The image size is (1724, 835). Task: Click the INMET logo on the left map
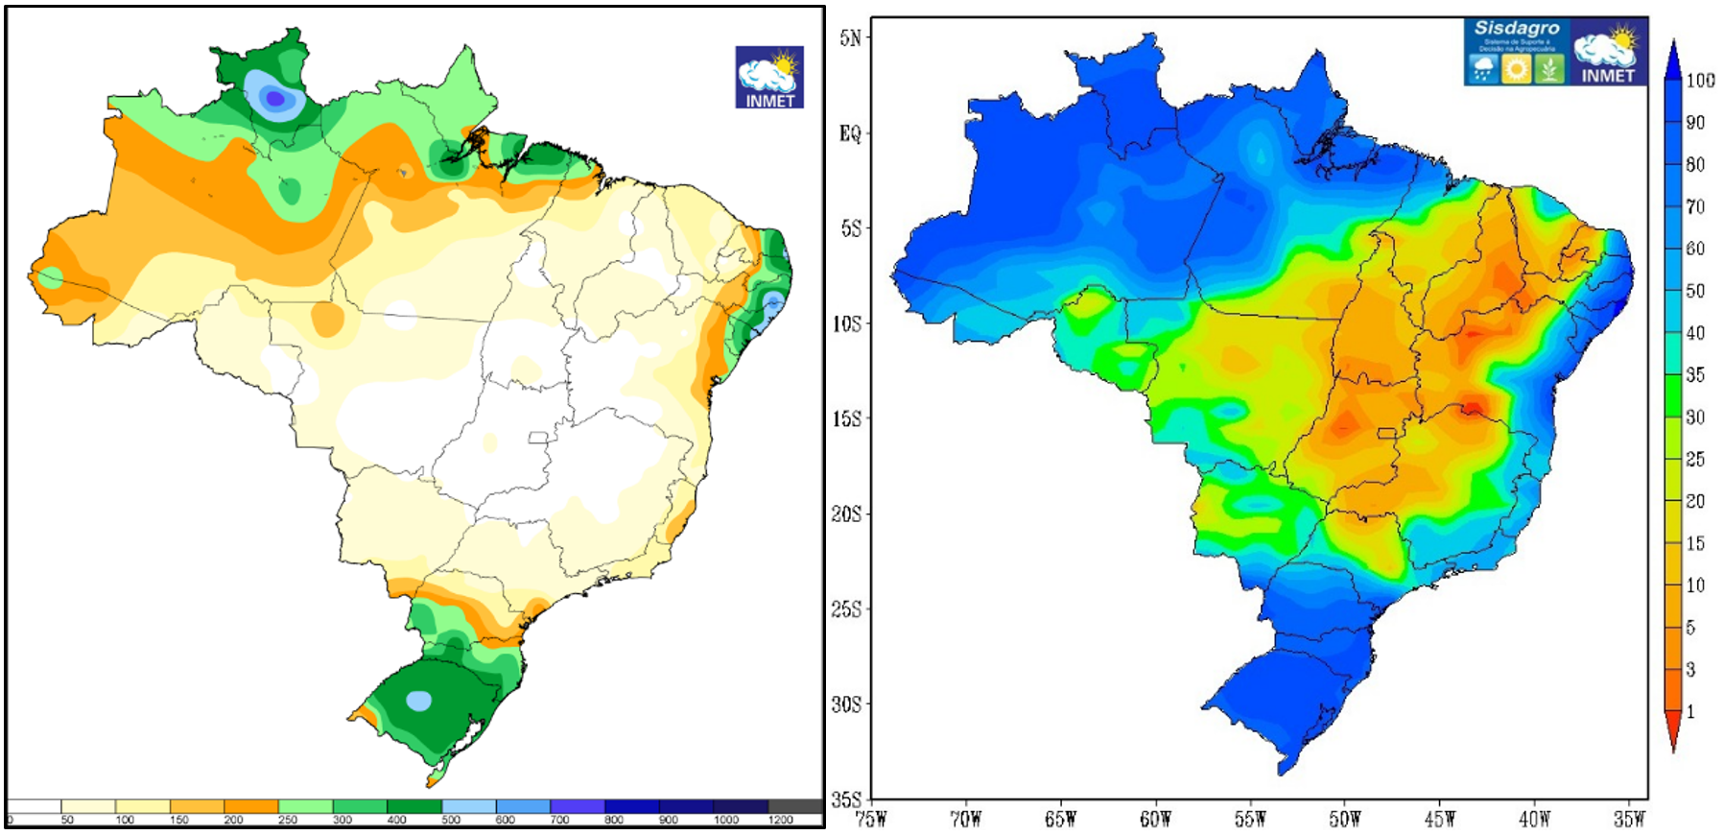point(769,78)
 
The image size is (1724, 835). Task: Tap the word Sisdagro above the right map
point(1516,29)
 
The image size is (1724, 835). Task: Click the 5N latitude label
point(850,38)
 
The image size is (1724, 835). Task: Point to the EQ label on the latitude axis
point(850,133)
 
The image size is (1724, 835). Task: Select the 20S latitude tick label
point(846,514)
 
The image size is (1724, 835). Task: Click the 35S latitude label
point(846,799)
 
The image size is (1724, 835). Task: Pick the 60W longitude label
point(1155,819)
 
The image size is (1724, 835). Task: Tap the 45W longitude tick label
point(1439,819)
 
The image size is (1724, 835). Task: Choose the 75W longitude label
point(871,819)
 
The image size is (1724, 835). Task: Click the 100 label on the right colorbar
point(1700,81)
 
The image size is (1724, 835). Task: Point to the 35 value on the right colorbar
point(1695,375)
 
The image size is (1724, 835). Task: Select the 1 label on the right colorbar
point(1690,711)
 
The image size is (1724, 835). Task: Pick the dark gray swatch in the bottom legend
point(795,806)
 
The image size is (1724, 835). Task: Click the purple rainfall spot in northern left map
point(275,97)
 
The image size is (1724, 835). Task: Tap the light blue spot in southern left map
point(418,701)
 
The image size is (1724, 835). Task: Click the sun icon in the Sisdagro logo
point(1516,69)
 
